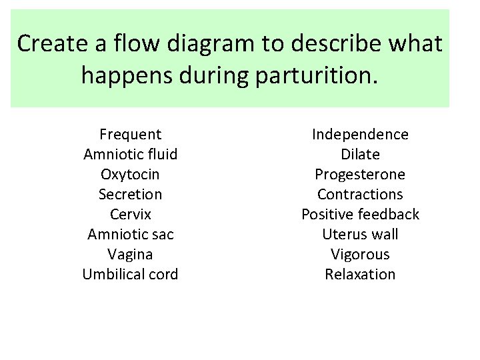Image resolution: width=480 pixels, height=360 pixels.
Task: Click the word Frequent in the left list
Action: (130, 135)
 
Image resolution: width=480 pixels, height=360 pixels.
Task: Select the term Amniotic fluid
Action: (130, 155)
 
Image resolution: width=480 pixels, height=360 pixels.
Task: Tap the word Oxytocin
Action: (130, 175)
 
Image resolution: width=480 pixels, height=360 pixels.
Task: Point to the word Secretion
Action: (130, 195)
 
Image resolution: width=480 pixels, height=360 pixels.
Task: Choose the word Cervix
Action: (130, 215)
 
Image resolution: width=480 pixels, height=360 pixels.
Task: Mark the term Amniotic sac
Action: (130, 235)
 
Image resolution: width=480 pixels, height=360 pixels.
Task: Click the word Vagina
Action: (130, 255)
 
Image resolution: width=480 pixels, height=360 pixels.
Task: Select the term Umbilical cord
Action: (130, 275)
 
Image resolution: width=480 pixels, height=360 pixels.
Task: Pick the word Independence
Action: (360, 135)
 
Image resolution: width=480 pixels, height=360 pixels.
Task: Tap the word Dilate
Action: (360, 155)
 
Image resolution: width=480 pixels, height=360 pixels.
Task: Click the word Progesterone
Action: (360, 175)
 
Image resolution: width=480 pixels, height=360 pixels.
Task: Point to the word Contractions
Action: (360, 195)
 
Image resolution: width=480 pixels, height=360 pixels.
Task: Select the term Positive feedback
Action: (360, 215)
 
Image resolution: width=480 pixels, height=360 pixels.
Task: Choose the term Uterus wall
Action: (360, 235)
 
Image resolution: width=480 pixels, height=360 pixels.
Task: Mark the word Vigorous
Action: (360, 255)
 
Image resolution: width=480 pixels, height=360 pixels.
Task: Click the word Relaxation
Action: (360, 275)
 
